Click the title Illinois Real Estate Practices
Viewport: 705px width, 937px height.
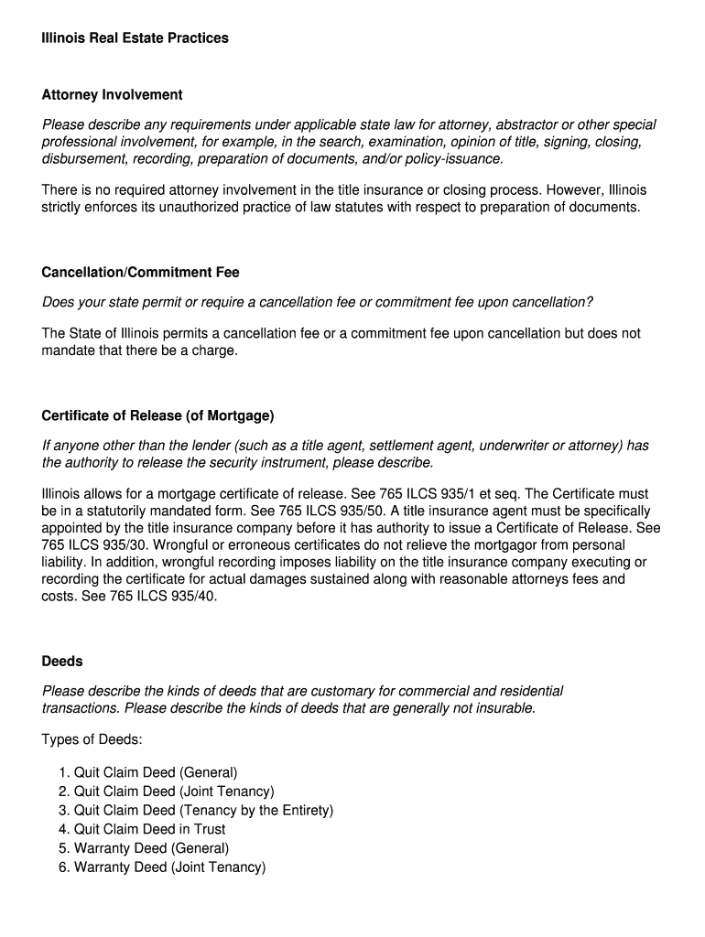click(135, 38)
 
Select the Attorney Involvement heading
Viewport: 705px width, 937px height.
click(112, 95)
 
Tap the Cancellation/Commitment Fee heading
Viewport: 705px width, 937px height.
click(140, 273)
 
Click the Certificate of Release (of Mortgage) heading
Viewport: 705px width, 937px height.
click(157, 415)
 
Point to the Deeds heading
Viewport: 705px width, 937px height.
click(62, 661)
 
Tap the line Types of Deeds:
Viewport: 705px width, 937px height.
click(92, 738)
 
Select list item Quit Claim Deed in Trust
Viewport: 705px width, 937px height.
click(149, 829)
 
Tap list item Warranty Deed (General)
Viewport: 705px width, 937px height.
click(151, 848)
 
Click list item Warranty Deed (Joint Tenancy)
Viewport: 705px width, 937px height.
click(169, 867)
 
